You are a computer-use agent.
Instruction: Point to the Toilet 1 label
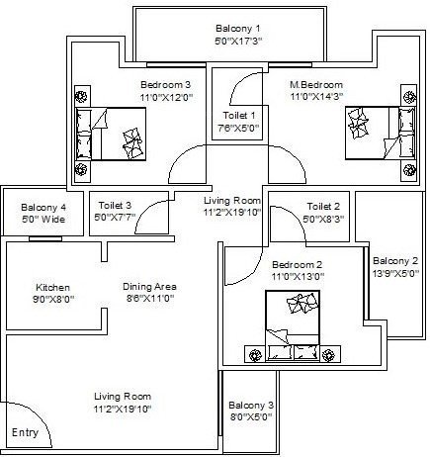point(238,115)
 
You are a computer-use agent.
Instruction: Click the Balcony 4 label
point(43,207)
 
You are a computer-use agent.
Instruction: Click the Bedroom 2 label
point(296,265)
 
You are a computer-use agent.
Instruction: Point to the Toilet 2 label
point(322,206)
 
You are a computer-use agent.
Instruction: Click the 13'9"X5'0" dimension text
point(395,274)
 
